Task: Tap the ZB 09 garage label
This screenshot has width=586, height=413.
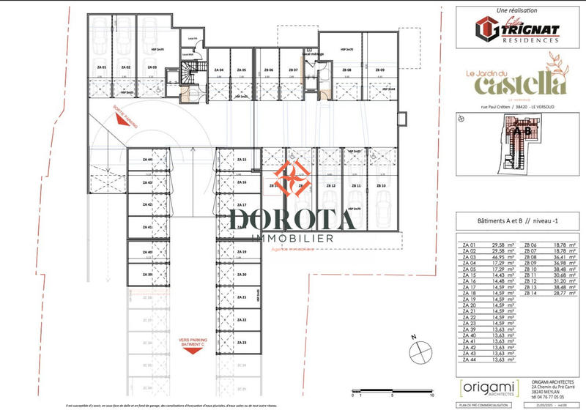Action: point(379,70)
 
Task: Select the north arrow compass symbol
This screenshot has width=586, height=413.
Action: point(420,351)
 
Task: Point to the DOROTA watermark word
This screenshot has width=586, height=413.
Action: point(293,219)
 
